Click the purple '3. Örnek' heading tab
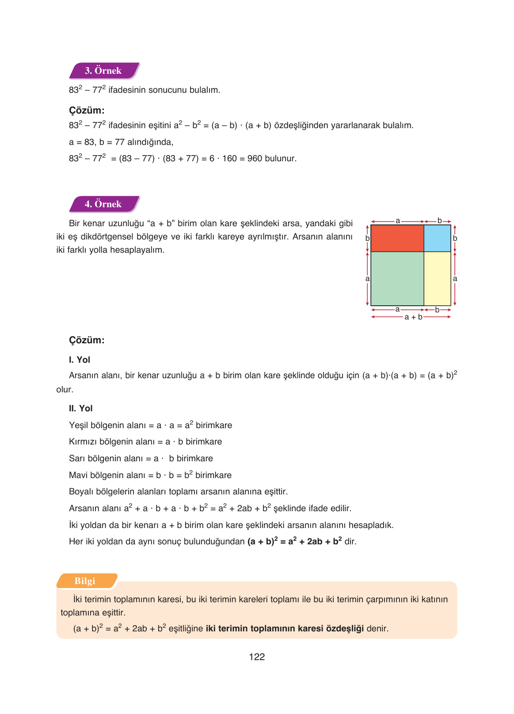pos(103,71)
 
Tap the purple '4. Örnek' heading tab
pos(103,204)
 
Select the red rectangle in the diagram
pos(397,238)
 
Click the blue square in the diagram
pos(437,238)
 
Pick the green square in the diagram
pos(397,278)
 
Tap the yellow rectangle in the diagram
pos(437,278)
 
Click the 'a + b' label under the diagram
pos(413,317)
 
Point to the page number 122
pos(257,657)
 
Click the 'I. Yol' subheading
pos(80,360)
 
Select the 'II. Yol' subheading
pos(81,408)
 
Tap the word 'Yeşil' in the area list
pos(79,425)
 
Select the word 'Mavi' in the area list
pos(78,475)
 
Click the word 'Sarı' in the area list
pos(77,459)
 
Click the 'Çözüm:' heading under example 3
pos(87,110)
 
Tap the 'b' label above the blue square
pos(439,220)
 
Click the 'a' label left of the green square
pos(367,279)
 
